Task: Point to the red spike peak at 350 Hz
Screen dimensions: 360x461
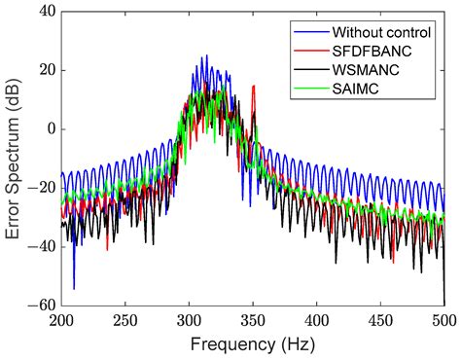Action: tap(253, 87)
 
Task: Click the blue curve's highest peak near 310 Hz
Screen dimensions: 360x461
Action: tap(205, 56)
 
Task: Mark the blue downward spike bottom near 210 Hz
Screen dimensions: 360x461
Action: tap(74, 288)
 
